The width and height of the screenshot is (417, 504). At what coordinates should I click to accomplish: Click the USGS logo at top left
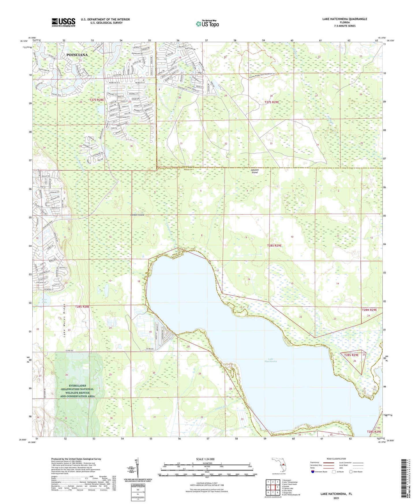(63, 22)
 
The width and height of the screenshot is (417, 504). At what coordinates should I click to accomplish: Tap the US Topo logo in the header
(207, 24)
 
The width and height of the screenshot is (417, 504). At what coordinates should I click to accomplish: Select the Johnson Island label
(254, 171)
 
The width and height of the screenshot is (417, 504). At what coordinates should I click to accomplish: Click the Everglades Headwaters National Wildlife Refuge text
(77, 393)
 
